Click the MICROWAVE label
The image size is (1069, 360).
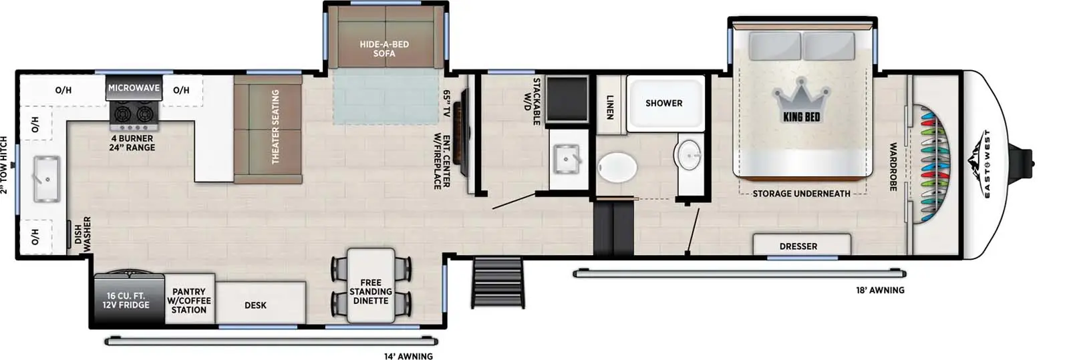pos(134,88)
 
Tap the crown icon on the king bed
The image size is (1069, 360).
pos(801,100)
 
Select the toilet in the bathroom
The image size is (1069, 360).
pos(617,166)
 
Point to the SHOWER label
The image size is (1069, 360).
pos(663,104)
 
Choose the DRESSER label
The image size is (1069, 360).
pos(798,246)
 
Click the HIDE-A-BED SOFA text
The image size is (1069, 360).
pos(384,49)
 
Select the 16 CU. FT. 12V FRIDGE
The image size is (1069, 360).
pos(126,301)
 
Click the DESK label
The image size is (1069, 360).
pos(255,305)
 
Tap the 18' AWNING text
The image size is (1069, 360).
pos(880,291)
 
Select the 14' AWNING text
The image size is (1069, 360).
pos(408,356)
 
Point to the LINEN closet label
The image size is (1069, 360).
pos(609,106)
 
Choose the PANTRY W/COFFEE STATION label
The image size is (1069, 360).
pos(189,301)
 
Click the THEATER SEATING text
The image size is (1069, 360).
pos(275,127)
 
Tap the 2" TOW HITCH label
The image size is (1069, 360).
pos(5,165)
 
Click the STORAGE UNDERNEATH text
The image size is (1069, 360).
pos(801,194)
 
